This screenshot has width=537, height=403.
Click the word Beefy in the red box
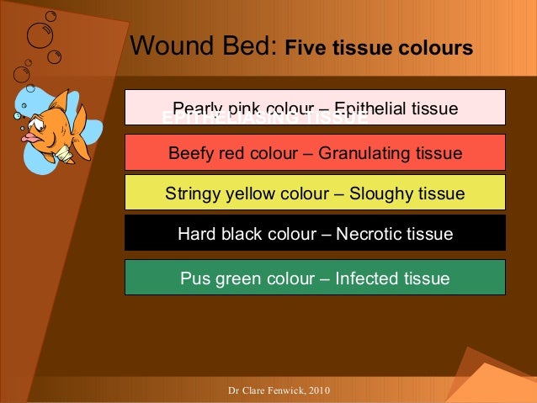190,154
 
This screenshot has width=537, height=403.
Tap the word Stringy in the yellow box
193,194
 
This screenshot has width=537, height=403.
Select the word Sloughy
382,194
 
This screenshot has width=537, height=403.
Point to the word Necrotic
369,234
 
